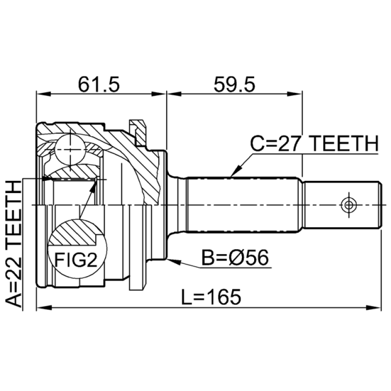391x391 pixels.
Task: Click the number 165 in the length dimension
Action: click(x=224, y=296)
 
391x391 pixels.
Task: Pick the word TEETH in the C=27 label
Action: click(x=345, y=144)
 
